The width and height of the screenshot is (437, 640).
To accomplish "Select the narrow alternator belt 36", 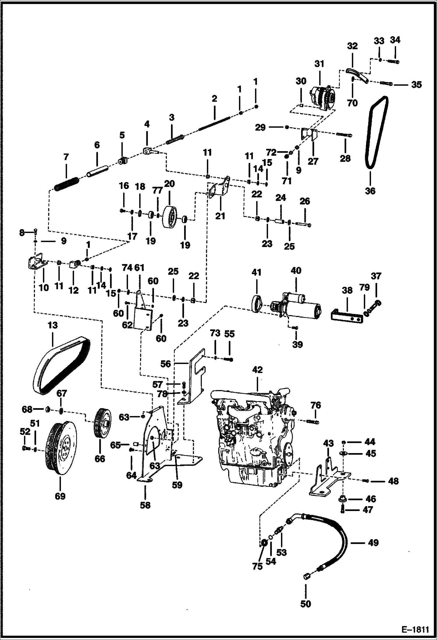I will coord(376,131).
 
